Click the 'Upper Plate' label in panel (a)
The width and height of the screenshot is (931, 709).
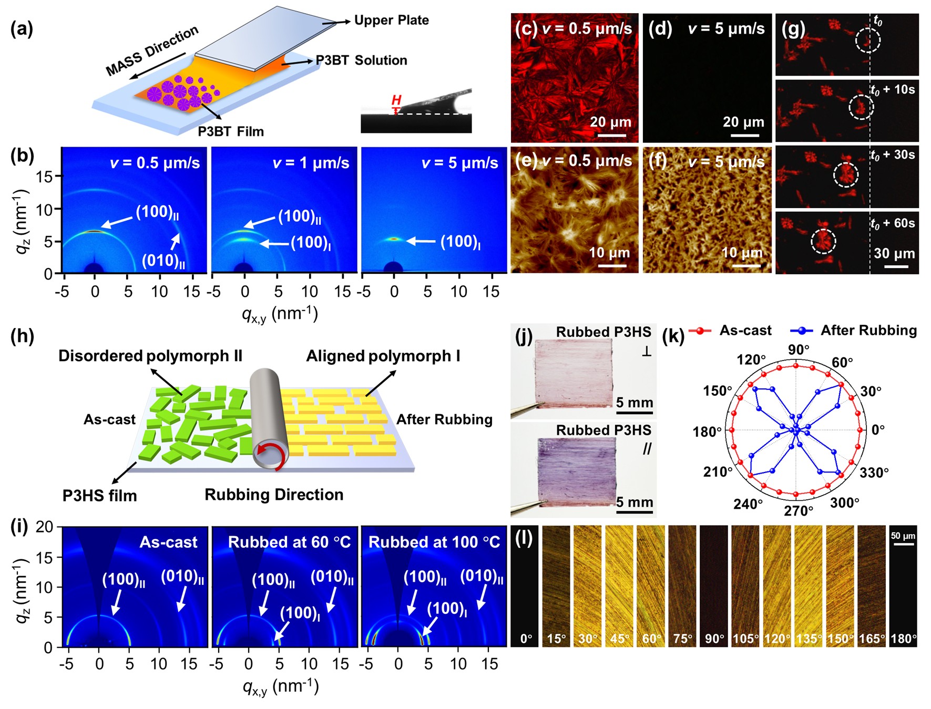[x=391, y=20]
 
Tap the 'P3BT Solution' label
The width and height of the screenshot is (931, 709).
[x=361, y=60]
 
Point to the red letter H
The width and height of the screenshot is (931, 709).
[x=396, y=100]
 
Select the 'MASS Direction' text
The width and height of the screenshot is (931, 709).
[x=152, y=50]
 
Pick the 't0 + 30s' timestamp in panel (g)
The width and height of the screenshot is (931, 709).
[x=893, y=155]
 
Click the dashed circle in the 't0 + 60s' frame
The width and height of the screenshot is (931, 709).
[x=823, y=241]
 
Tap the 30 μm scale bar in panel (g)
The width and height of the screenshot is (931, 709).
[x=896, y=267]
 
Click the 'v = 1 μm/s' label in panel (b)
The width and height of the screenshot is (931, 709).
[x=311, y=163]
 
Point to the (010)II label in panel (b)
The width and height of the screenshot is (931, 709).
[x=163, y=261]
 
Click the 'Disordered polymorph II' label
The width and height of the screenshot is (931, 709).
[x=150, y=356]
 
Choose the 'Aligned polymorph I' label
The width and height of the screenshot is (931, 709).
[x=383, y=356]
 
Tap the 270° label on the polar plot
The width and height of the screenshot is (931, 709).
[x=798, y=511]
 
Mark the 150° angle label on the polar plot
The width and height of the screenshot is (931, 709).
[x=717, y=391]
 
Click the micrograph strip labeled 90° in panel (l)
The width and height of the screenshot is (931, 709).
[x=714, y=586]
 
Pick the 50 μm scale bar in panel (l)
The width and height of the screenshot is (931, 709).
[x=903, y=544]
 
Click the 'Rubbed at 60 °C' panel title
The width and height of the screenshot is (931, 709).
[x=289, y=542]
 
